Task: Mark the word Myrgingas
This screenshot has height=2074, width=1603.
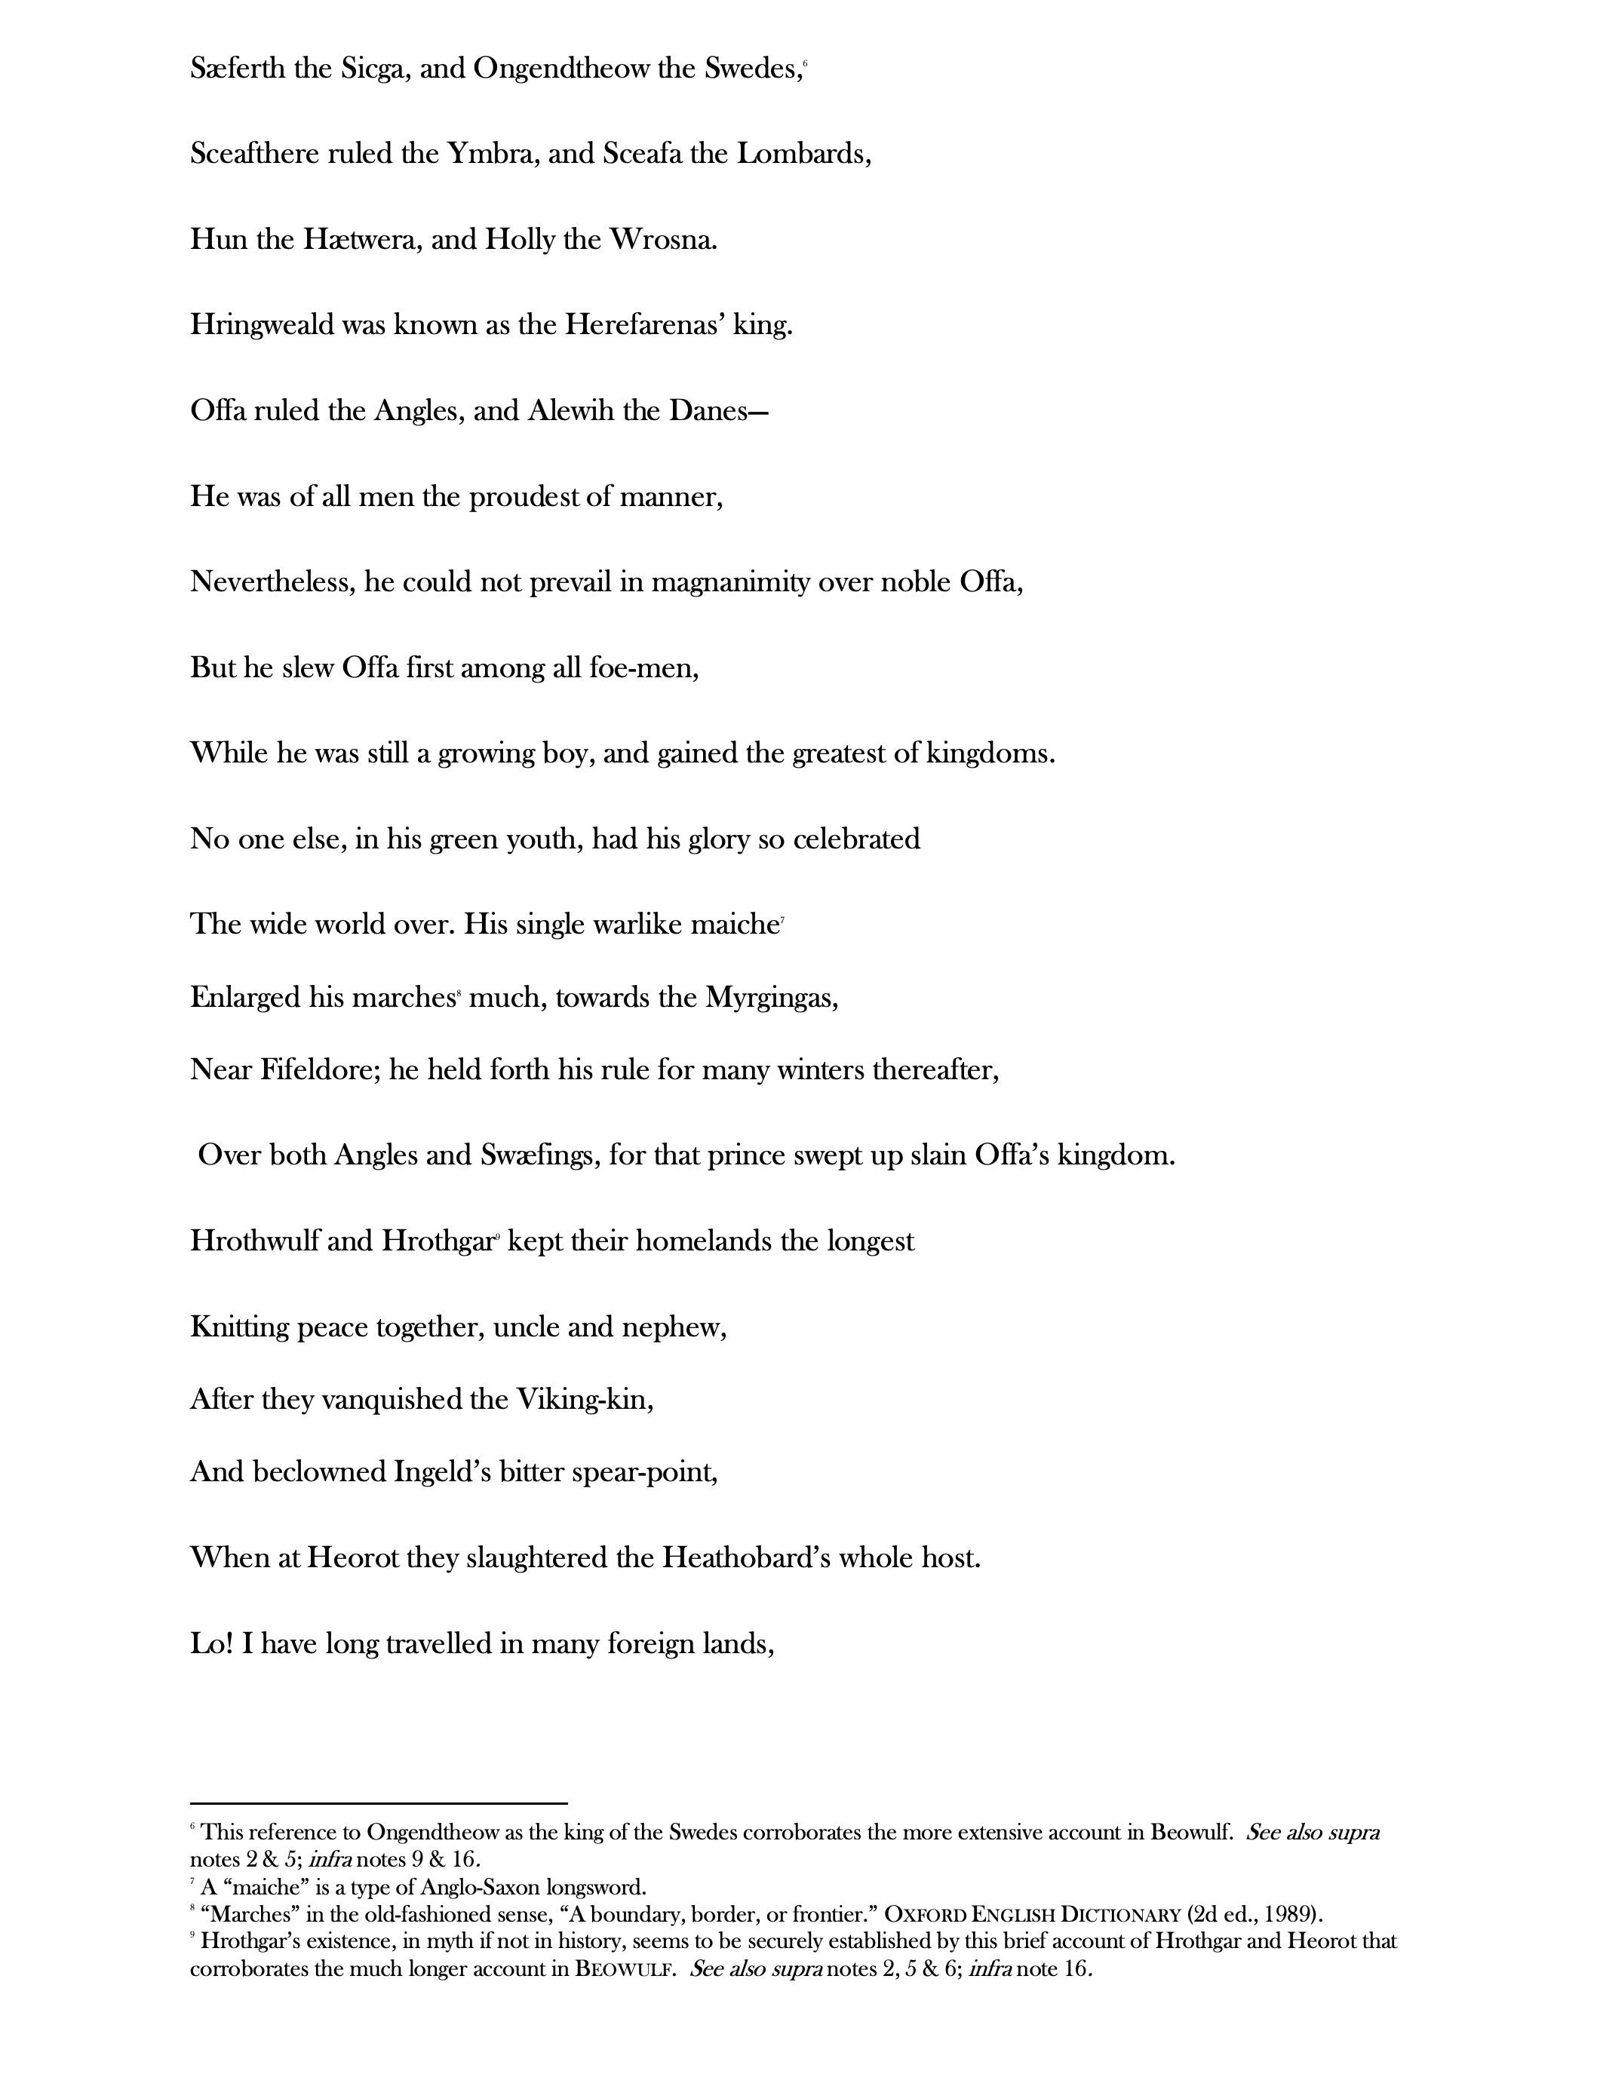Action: tap(771, 998)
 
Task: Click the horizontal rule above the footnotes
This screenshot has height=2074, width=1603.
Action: tap(378, 1802)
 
